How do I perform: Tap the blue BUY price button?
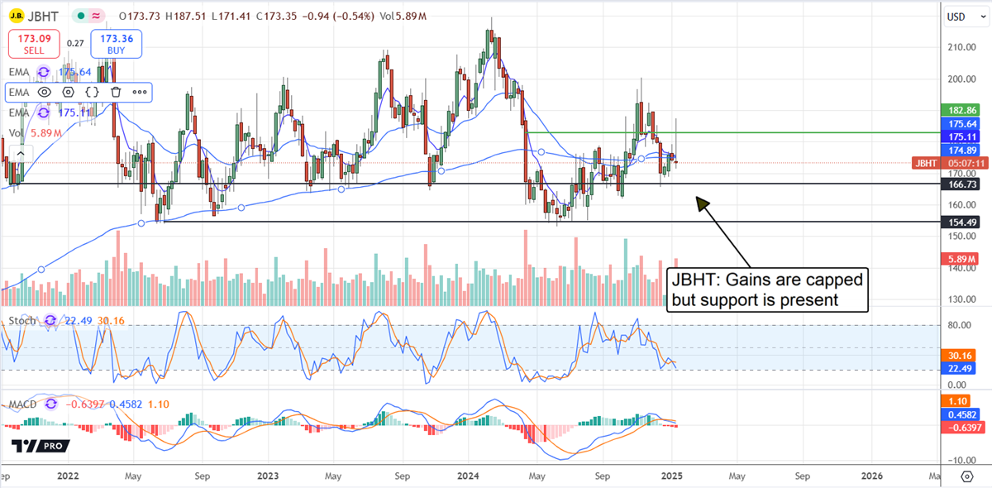(117, 44)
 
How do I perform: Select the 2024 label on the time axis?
(469, 476)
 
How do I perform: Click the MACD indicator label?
(24, 404)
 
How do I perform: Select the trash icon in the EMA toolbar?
(117, 92)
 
